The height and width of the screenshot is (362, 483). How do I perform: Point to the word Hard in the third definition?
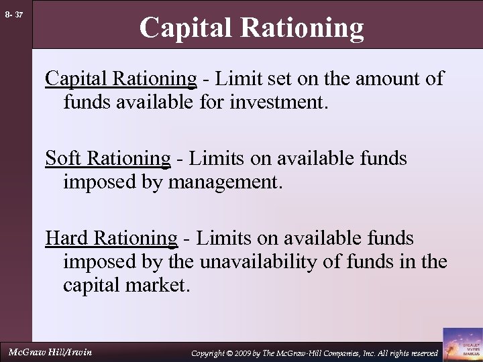pyautogui.click(x=66, y=238)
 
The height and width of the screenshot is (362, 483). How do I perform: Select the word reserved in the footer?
pyautogui.click(x=421, y=353)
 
